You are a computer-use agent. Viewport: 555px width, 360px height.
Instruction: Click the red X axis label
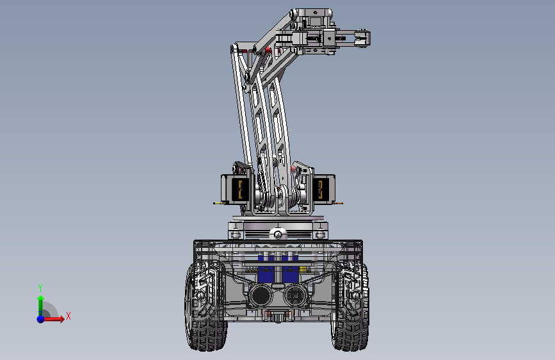tap(68, 316)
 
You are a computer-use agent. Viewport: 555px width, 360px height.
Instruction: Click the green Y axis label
tap(40, 288)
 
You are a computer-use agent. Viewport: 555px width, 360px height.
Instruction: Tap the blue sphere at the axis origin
tap(41, 319)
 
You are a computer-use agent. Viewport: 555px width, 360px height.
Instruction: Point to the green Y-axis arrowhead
tap(41, 299)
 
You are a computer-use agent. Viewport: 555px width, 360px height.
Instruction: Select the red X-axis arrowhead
tap(61, 319)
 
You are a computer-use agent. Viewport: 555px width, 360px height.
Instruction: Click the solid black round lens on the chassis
tap(261, 295)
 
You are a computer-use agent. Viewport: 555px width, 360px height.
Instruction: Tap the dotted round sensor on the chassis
tap(296, 295)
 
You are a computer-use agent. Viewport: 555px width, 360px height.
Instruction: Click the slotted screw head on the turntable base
tap(278, 234)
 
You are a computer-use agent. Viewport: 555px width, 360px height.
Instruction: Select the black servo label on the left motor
tap(239, 190)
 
